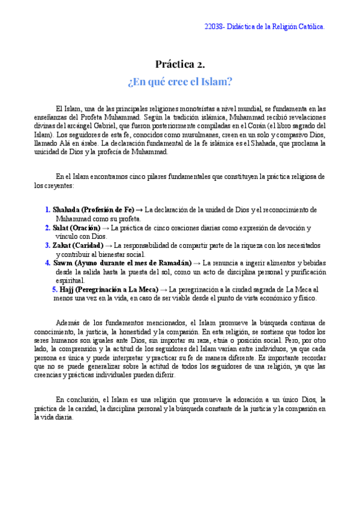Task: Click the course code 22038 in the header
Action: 214,27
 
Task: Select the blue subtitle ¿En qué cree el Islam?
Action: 180,81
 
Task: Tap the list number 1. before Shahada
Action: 47,210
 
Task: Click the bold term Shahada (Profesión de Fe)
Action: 93,210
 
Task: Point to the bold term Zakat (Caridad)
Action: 77,245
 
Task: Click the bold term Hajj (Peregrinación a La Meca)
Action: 109,289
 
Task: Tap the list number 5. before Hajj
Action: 55,289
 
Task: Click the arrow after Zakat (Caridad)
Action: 109,245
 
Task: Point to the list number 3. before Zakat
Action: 47,245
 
